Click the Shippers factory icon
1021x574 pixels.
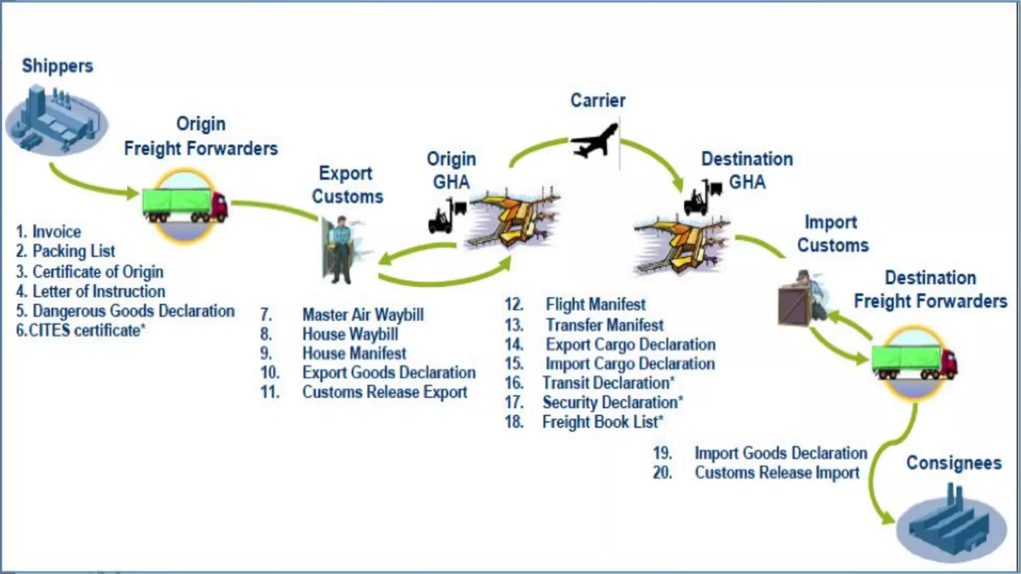pos(56,120)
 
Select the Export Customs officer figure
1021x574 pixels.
pos(341,249)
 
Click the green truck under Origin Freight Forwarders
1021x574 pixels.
pos(184,204)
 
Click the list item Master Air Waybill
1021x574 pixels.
pos(363,315)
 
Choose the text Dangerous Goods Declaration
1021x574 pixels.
pos(133,311)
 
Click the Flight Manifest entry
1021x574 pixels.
pos(595,304)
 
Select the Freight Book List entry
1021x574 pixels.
pos(602,422)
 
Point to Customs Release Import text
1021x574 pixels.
pos(777,472)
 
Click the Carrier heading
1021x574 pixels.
pos(598,101)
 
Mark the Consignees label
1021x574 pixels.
pos(954,463)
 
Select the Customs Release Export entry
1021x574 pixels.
pos(384,392)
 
